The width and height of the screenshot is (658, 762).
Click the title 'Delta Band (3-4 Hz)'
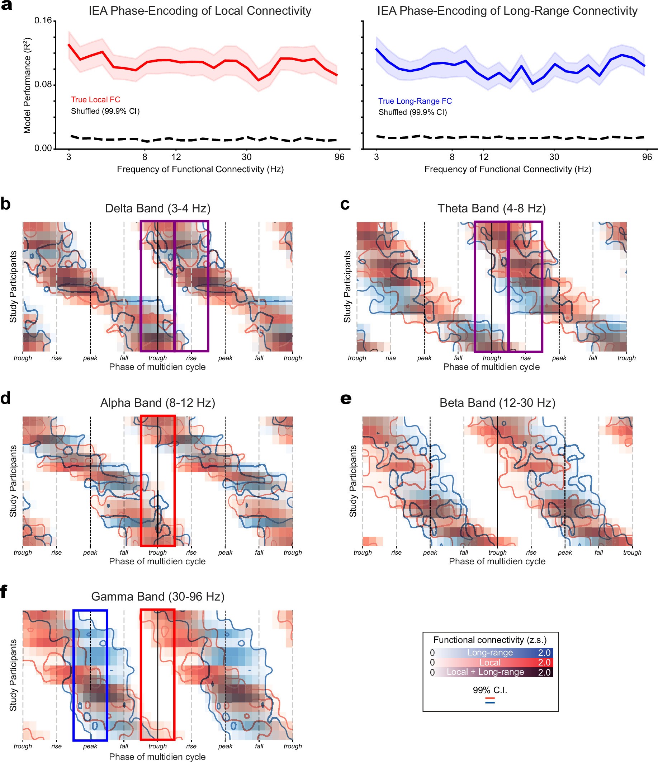click(158, 208)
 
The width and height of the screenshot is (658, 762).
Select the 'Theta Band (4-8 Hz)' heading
click(492, 208)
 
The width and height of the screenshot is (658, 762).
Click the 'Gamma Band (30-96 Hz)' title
click(158, 596)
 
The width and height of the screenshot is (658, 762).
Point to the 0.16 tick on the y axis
click(43, 20)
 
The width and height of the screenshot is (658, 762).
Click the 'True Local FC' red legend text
click(96, 100)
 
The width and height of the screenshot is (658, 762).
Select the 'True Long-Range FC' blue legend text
click(415, 101)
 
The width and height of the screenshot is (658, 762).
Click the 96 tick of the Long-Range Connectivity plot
click(647, 157)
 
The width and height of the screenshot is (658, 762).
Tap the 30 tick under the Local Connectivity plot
click(247, 157)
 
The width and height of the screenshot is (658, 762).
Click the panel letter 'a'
click(6, 5)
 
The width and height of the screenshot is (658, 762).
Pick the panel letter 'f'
click(4, 592)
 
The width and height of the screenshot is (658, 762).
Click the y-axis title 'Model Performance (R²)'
click(27, 85)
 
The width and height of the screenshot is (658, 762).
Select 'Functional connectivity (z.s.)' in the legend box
click(490, 640)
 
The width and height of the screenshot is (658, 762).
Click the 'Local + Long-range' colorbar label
click(485, 672)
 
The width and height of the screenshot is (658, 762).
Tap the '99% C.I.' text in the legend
click(489, 690)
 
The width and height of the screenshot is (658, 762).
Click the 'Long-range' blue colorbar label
click(489, 653)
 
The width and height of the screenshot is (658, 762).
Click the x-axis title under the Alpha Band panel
click(157, 561)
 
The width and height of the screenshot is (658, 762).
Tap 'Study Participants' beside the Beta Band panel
click(353, 481)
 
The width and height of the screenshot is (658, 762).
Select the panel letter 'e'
click(346, 399)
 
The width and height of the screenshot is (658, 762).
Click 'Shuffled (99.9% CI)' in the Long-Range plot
click(412, 112)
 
